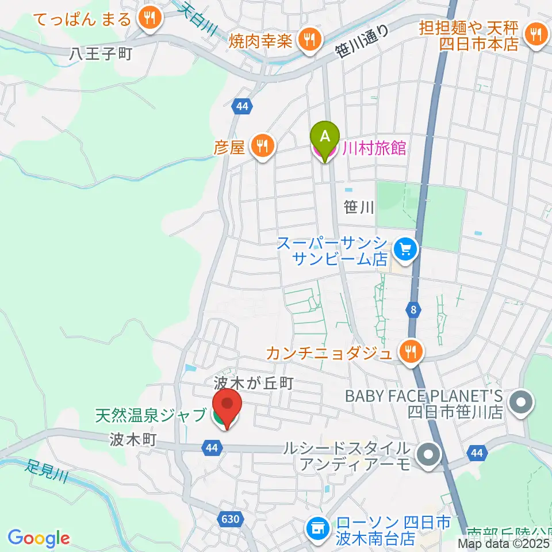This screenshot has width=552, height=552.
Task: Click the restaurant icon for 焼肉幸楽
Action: click(310, 40)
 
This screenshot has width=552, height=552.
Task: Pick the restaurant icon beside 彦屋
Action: click(262, 147)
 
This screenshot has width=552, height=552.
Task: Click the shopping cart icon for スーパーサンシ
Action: click(406, 250)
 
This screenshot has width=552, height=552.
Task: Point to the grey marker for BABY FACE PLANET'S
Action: click(522, 401)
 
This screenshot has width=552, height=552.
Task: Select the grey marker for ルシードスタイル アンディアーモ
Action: click(429, 455)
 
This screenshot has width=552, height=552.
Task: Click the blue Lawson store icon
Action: click(317, 526)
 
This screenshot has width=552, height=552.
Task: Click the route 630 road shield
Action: click(229, 519)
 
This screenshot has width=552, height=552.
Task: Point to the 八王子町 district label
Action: click(101, 54)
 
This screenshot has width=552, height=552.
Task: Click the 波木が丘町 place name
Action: click(254, 382)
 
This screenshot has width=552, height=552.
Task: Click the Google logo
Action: click(39, 538)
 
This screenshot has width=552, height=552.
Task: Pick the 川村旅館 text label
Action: click(374, 149)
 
